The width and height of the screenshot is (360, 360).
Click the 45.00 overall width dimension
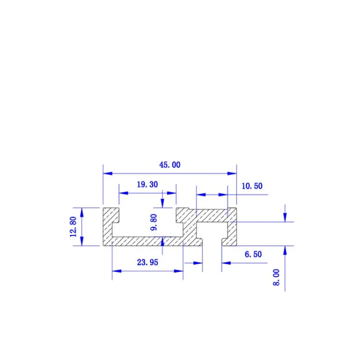[x=170, y=165]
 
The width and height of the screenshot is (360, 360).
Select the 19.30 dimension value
[x=147, y=184]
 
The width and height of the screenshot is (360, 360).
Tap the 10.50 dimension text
[x=252, y=186]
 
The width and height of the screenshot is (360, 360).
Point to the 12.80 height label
[x=75, y=227]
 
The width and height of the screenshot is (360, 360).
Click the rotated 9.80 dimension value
[x=154, y=222]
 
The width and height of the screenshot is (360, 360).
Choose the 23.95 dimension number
[x=147, y=263]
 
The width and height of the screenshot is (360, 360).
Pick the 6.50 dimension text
[x=253, y=254]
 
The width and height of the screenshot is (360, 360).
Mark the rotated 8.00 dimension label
[x=276, y=277]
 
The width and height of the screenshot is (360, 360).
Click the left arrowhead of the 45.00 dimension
[x=107, y=173]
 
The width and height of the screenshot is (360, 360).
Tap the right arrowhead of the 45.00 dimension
[x=233, y=173]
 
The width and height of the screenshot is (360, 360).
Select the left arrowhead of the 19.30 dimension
[x=122, y=193]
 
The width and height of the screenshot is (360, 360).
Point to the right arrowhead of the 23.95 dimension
[x=180, y=271]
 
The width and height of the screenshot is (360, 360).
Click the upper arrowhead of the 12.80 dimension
[x=81, y=211]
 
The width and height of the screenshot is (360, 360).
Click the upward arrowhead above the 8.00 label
[x=284, y=250]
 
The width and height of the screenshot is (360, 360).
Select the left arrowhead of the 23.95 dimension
[x=116, y=271]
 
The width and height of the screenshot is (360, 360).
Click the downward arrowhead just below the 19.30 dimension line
[x=162, y=203]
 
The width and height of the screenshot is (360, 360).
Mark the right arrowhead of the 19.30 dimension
[x=172, y=193]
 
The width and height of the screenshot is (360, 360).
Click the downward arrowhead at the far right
[x=284, y=218]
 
